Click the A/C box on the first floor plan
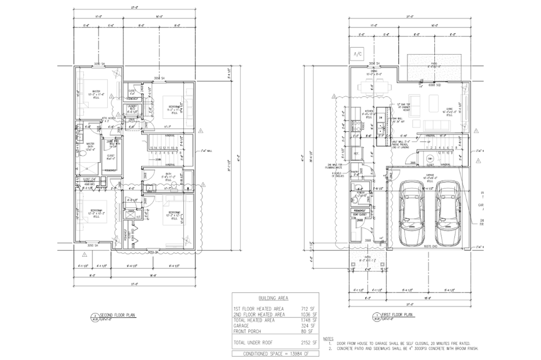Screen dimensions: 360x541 coord(358,55)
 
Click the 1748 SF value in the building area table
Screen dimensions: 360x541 coord(308,320)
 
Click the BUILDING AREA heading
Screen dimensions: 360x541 coord(273,298)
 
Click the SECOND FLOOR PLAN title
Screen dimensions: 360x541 coord(116,314)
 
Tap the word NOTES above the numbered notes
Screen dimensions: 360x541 coord(328,338)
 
